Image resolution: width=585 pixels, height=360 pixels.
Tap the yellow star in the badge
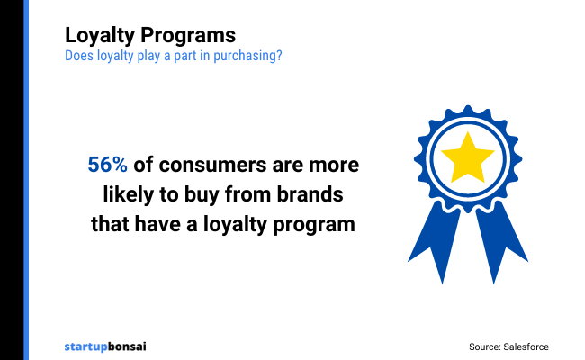click(x=465, y=158)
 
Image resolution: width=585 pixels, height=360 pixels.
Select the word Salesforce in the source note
click(x=525, y=346)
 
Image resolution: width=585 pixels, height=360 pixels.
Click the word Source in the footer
click(x=484, y=346)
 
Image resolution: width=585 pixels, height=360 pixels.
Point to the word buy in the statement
click(x=206, y=194)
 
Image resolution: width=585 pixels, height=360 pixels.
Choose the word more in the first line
click(x=335, y=166)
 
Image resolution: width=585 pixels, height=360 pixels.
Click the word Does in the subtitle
click(x=76, y=55)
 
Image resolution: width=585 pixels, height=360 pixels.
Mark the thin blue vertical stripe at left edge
click(x=25, y=180)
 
